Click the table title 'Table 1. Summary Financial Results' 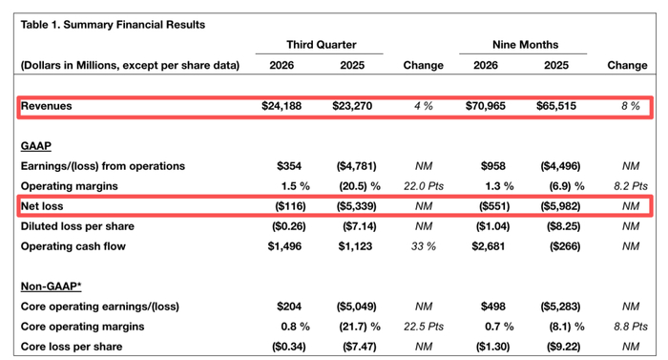pyautogui.click(x=113, y=25)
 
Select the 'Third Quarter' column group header pyautogui.click(x=322, y=45)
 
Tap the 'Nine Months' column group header pyautogui.click(x=525, y=45)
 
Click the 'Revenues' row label pyautogui.click(x=47, y=106)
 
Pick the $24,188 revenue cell pyautogui.click(x=282, y=106)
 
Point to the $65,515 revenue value pyautogui.click(x=556, y=106)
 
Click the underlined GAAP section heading pyautogui.click(x=36, y=146)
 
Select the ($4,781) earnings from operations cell pyautogui.click(x=356, y=166)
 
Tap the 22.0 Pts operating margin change pyautogui.click(x=424, y=186)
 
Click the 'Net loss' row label pyautogui.click(x=42, y=206)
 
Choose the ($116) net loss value pyautogui.click(x=290, y=206)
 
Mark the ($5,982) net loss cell pyautogui.click(x=560, y=206)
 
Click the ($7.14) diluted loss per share pyautogui.click(x=359, y=226)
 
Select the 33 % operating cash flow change pyautogui.click(x=424, y=246)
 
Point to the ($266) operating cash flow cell pyautogui.click(x=565, y=246)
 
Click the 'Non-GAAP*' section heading pyautogui.click(x=51, y=286)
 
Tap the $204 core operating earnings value pyautogui.click(x=289, y=307)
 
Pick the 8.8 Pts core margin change pyautogui.click(x=631, y=327)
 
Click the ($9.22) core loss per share pyautogui.click(x=563, y=347)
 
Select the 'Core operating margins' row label pyautogui.click(x=82, y=327)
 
